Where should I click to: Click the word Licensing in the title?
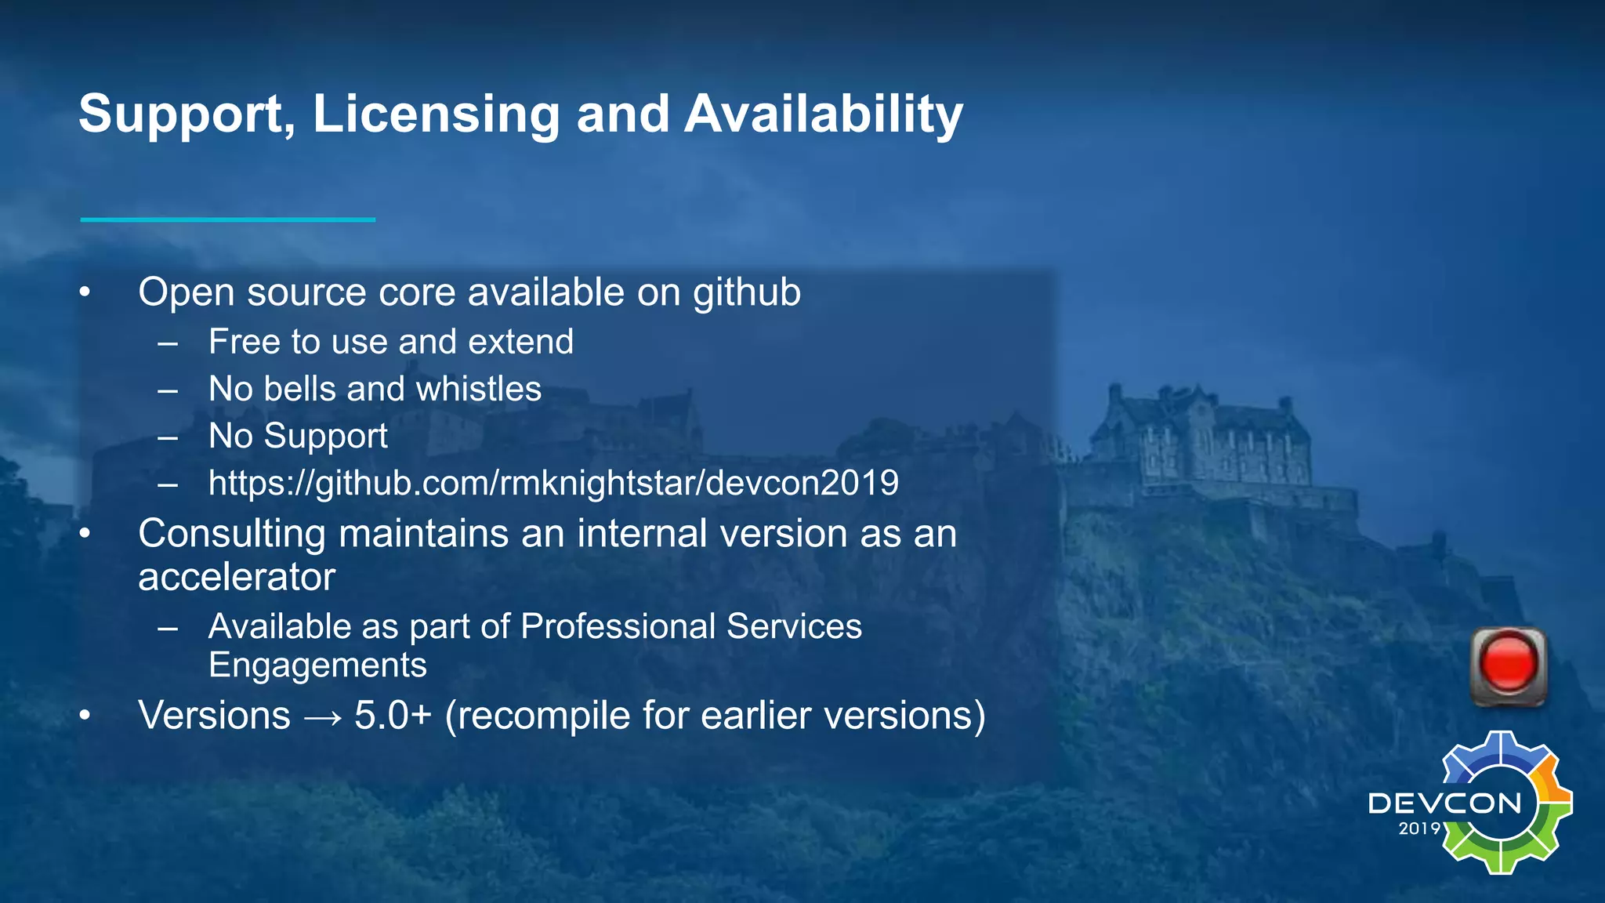pyautogui.click(x=436, y=114)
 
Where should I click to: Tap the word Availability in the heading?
pyautogui.click(x=823, y=114)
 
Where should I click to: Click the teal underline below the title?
pyautogui.click(x=227, y=219)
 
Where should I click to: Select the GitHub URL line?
pyautogui.click(x=553, y=483)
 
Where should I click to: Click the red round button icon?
pyautogui.click(x=1508, y=665)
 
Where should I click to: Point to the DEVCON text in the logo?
pyautogui.click(x=1444, y=803)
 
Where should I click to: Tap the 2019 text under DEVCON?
pyautogui.click(x=1419, y=829)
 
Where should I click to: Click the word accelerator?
pyautogui.click(x=237, y=578)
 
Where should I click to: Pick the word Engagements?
pyautogui.click(x=317, y=665)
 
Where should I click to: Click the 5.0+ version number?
pyautogui.click(x=393, y=716)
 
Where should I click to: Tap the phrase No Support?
pyautogui.click(x=298, y=437)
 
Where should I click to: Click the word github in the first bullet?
pyautogui.click(x=746, y=293)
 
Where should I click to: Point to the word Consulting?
pyautogui.click(x=231, y=534)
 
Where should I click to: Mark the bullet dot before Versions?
pyautogui.click(x=85, y=716)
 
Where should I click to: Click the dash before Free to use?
pyautogui.click(x=168, y=343)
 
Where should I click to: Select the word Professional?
pyautogui.click(x=618, y=627)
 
